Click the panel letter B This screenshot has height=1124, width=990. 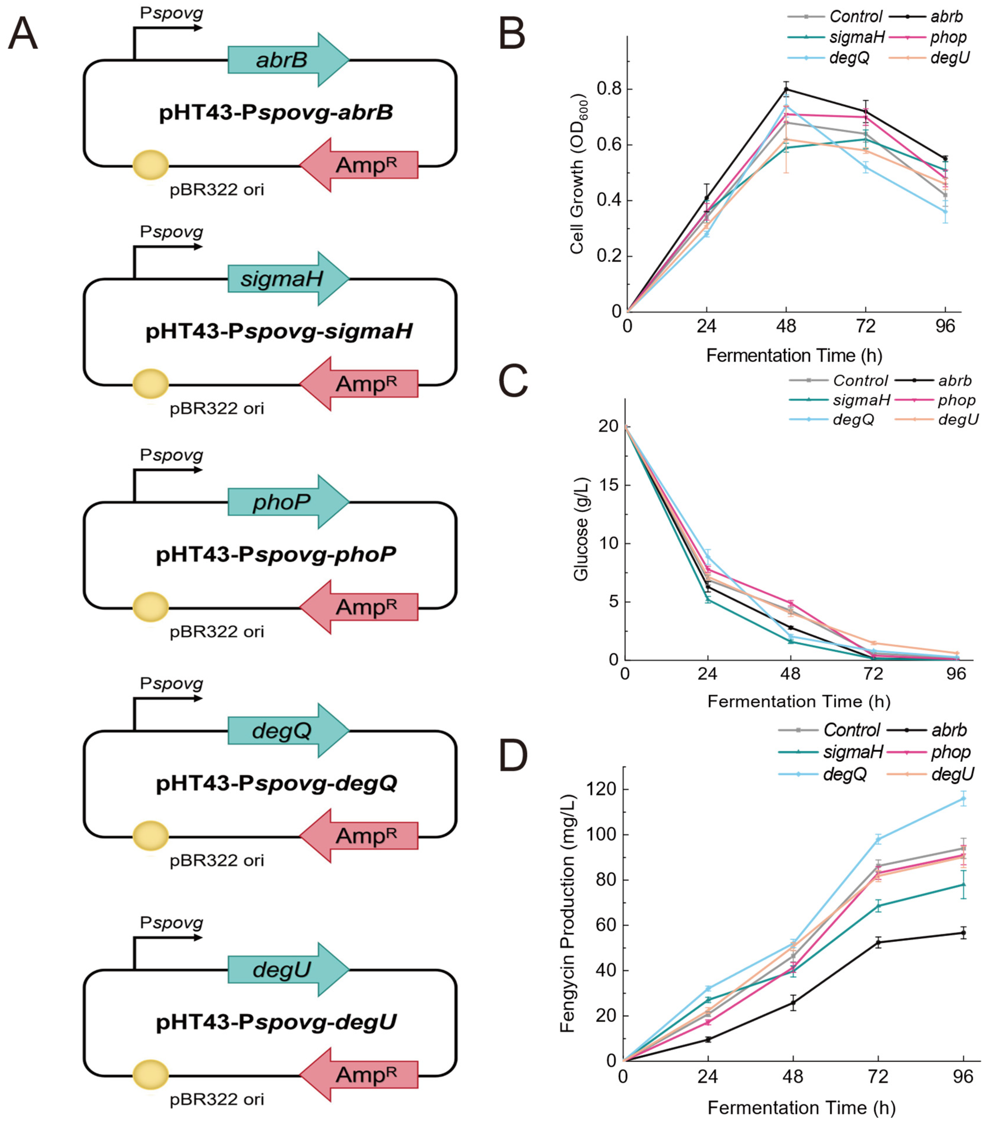pos(512,34)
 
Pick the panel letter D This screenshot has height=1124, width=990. pos(513,757)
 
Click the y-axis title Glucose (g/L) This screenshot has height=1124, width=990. pos(581,529)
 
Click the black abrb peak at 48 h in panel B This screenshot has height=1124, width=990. pos(786,89)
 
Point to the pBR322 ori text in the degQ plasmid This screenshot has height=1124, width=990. pos(217,860)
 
